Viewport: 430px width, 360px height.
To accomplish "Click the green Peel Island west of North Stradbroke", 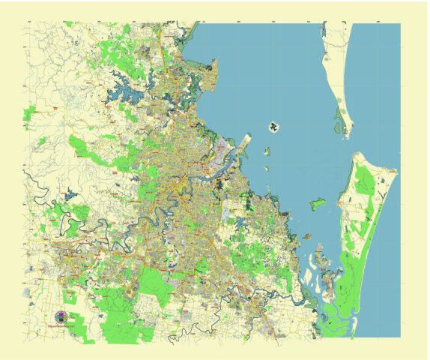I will [318, 202].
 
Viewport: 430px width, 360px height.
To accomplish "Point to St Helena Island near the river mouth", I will [266, 151].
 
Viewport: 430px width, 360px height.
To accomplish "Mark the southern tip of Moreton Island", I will [347, 136].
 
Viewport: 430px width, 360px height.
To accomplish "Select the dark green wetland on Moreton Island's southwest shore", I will [342, 115].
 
